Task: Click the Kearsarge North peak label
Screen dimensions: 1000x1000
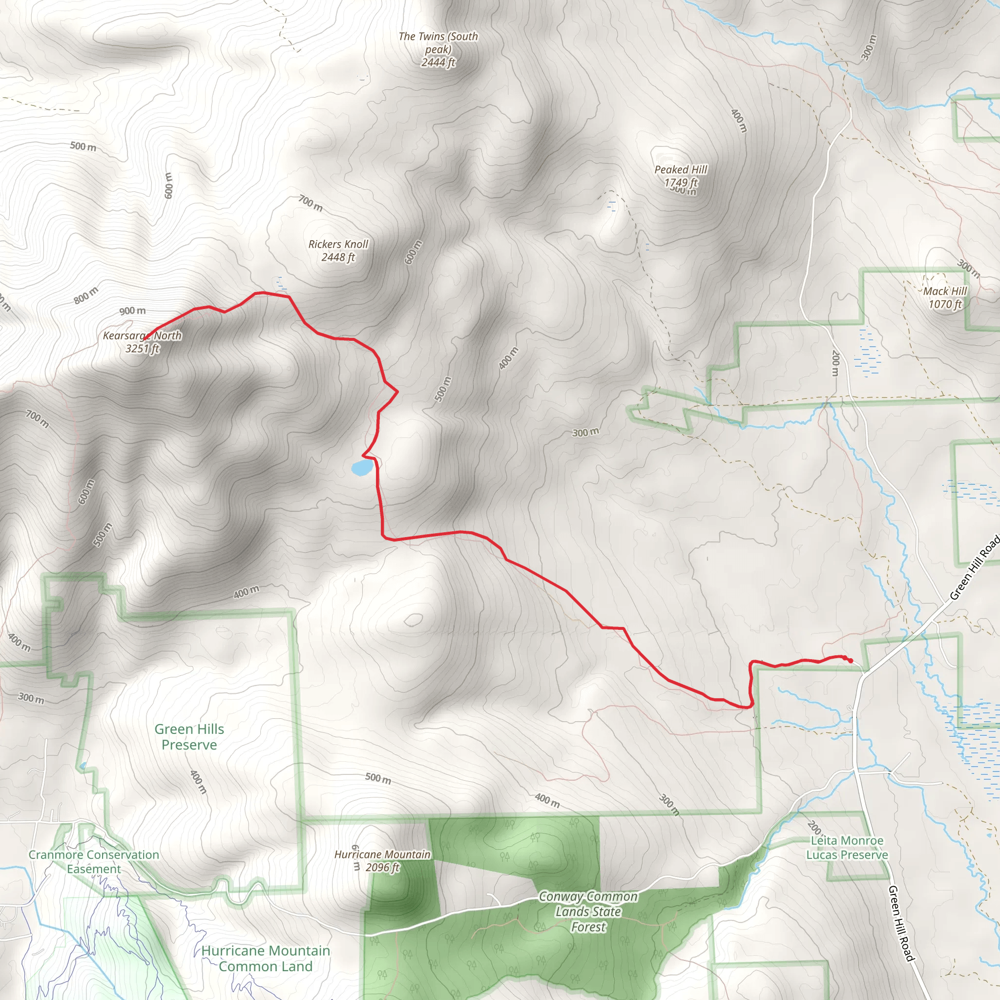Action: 143,342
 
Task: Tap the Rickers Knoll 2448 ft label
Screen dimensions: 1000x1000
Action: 338,250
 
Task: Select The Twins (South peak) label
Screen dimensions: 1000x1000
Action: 438,49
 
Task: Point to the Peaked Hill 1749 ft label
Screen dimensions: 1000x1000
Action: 681,176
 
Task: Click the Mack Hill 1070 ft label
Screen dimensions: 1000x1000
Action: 945,298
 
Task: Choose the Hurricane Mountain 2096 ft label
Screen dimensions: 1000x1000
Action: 382,861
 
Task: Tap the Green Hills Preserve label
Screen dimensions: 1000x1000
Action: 189,736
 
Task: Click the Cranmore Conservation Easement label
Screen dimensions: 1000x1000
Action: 94,862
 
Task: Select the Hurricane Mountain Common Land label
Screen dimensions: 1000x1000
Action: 266,958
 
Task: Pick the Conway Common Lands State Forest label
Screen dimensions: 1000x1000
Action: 588,912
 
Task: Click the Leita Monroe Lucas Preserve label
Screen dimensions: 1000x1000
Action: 847,848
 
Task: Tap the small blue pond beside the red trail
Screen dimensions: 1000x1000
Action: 361,468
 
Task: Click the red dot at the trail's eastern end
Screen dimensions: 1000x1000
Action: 851,660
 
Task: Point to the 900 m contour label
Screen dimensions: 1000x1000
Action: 132,311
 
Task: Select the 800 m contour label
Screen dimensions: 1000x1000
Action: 85,295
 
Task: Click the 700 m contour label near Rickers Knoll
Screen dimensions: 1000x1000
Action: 311,203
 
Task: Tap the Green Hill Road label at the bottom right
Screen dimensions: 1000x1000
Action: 901,923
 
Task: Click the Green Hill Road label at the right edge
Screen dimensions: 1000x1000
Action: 974,568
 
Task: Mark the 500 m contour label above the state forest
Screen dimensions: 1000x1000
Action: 378,778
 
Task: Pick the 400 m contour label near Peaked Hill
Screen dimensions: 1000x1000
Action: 739,121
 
